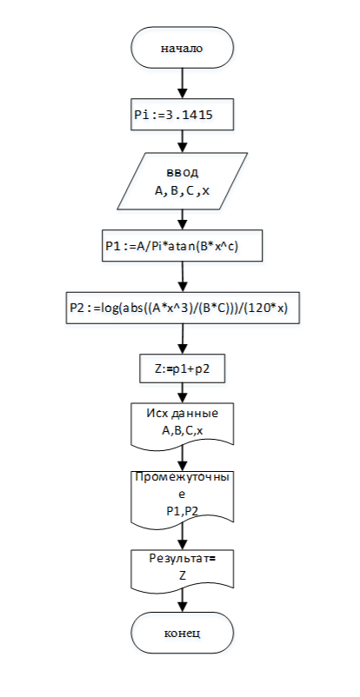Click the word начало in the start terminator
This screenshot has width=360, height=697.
click(182, 49)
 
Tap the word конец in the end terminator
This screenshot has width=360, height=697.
click(182, 633)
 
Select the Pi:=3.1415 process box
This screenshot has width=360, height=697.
click(183, 115)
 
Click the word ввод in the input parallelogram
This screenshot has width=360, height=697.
click(183, 172)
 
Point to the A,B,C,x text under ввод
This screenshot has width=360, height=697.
click(183, 191)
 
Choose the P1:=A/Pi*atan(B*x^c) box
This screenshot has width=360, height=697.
click(183, 245)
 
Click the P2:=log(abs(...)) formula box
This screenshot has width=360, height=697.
click(183, 308)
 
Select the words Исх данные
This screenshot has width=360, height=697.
click(183, 414)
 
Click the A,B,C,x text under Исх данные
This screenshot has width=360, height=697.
click(183, 430)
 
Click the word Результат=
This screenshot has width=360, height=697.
click(183, 559)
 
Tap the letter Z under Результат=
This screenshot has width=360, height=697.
click(183, 576)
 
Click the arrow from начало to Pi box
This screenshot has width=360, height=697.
click(183, 83)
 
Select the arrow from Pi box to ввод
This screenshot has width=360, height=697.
click(183, 142)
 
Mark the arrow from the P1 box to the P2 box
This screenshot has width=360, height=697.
click(183, 276)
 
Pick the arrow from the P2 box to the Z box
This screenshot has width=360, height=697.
click(183, 338)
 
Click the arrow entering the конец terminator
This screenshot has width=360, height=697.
click(183, 601)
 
